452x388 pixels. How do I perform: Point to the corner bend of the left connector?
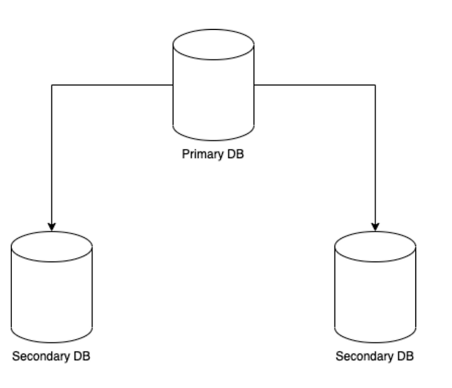51,85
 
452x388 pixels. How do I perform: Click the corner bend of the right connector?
376,85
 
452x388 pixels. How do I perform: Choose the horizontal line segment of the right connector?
315,85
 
